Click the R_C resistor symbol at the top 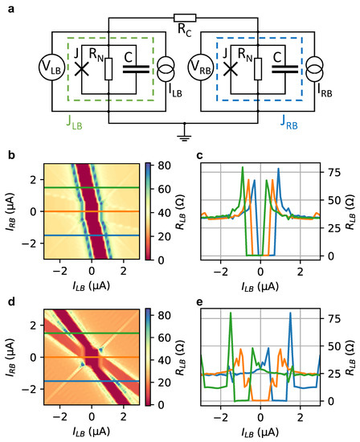[x=184, y=18]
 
